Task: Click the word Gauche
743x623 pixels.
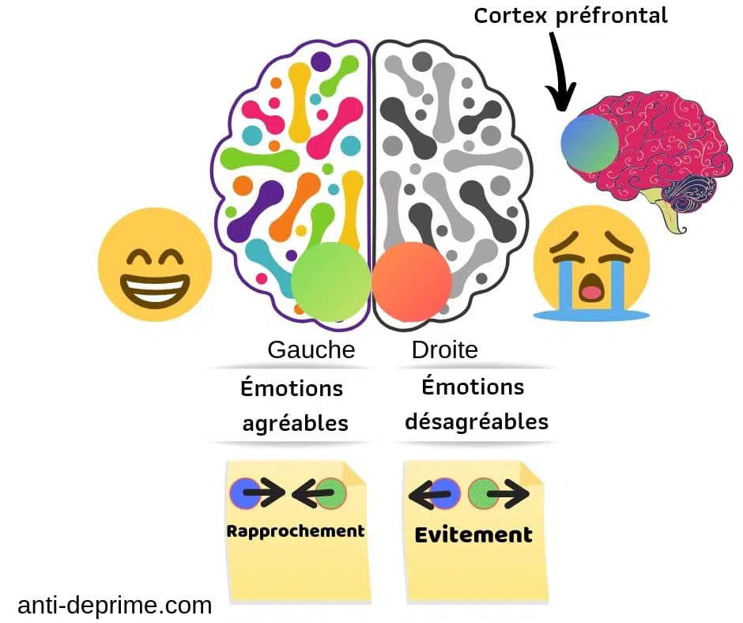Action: coord(311,349)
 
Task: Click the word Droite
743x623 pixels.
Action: coord(444,349)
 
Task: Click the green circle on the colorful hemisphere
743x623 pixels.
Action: coord(331,281)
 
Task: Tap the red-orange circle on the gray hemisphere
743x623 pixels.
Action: coord(411,282)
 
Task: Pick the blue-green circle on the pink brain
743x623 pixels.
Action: coord(590,143)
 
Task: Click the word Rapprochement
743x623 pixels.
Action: coord(296,531)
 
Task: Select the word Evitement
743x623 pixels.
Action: coord(473,534)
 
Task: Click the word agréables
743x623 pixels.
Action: coord(295,423)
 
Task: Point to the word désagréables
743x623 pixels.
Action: coord(477,421)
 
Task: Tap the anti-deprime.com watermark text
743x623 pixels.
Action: coord(115,606)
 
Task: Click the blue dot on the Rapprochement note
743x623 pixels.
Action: coord(245,493)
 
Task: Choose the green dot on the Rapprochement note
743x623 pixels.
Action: coord(332,493)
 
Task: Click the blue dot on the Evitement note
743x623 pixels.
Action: coord(444,493)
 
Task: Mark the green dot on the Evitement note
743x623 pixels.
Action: coord(482,493)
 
